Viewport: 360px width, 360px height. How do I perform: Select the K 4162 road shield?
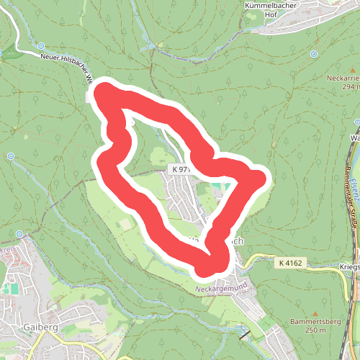(289, 264)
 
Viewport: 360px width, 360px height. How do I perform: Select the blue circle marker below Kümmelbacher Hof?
(314, 54)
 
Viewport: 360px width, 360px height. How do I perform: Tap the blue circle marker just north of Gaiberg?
(20, 235)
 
